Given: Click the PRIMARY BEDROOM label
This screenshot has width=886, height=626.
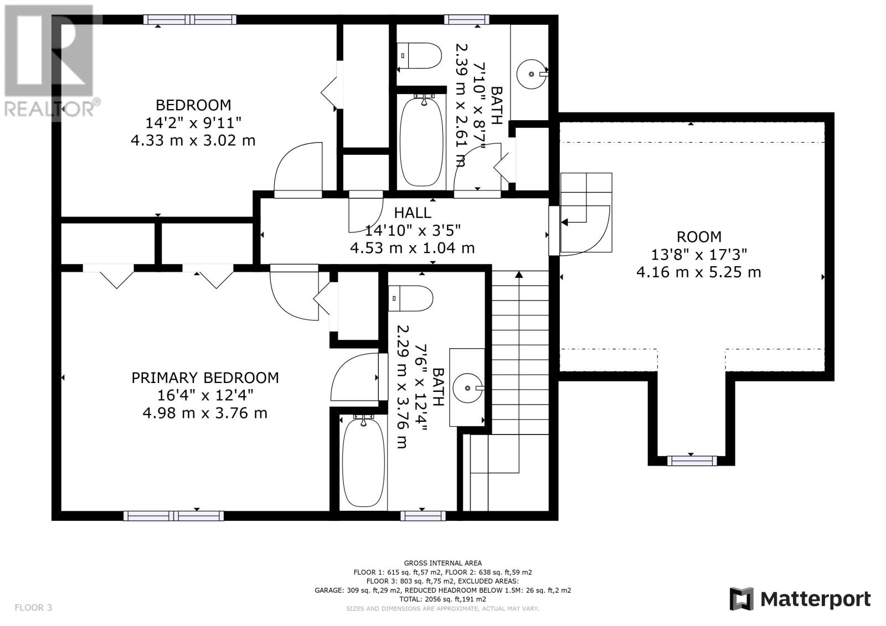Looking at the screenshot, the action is [x=205, y=378].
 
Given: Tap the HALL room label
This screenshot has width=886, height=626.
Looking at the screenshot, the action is [x=413, y=213].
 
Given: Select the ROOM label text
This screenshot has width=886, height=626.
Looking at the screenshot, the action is [x=699, y=237].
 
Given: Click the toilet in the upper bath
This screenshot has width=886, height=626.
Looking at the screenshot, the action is [x=419, y=56].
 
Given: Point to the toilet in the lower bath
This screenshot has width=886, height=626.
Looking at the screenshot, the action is [x=411, y=298].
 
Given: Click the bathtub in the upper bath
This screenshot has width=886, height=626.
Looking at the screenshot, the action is [x=421, y=141].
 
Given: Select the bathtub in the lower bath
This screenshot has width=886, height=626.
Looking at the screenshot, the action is [x=363, y=462].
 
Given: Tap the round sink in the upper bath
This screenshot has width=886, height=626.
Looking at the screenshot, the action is [x=532, y=74].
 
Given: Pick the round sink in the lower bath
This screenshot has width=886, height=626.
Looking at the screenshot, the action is [x=467, y=388].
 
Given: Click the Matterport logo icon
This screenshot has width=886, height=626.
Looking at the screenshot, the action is [x=741, y=599].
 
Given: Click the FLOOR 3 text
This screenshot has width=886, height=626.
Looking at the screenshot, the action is [x=33, y=607].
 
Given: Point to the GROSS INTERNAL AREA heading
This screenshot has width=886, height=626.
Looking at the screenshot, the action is [x=442, y=563].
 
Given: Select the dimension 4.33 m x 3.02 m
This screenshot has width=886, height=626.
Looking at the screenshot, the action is [x=193, y=141].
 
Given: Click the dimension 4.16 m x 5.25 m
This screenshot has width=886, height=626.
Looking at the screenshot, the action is [x=699, y=272].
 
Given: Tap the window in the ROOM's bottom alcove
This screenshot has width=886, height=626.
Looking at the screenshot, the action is [x=692, y=461].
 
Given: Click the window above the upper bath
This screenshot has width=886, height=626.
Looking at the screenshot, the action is [x=467, y=19].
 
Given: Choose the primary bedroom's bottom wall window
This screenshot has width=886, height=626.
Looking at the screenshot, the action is [x=174, y=516].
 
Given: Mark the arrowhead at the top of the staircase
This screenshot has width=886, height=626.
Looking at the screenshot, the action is [x=519, y=274].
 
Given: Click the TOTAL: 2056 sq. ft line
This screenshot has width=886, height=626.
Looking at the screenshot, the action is [x=442, y=599].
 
